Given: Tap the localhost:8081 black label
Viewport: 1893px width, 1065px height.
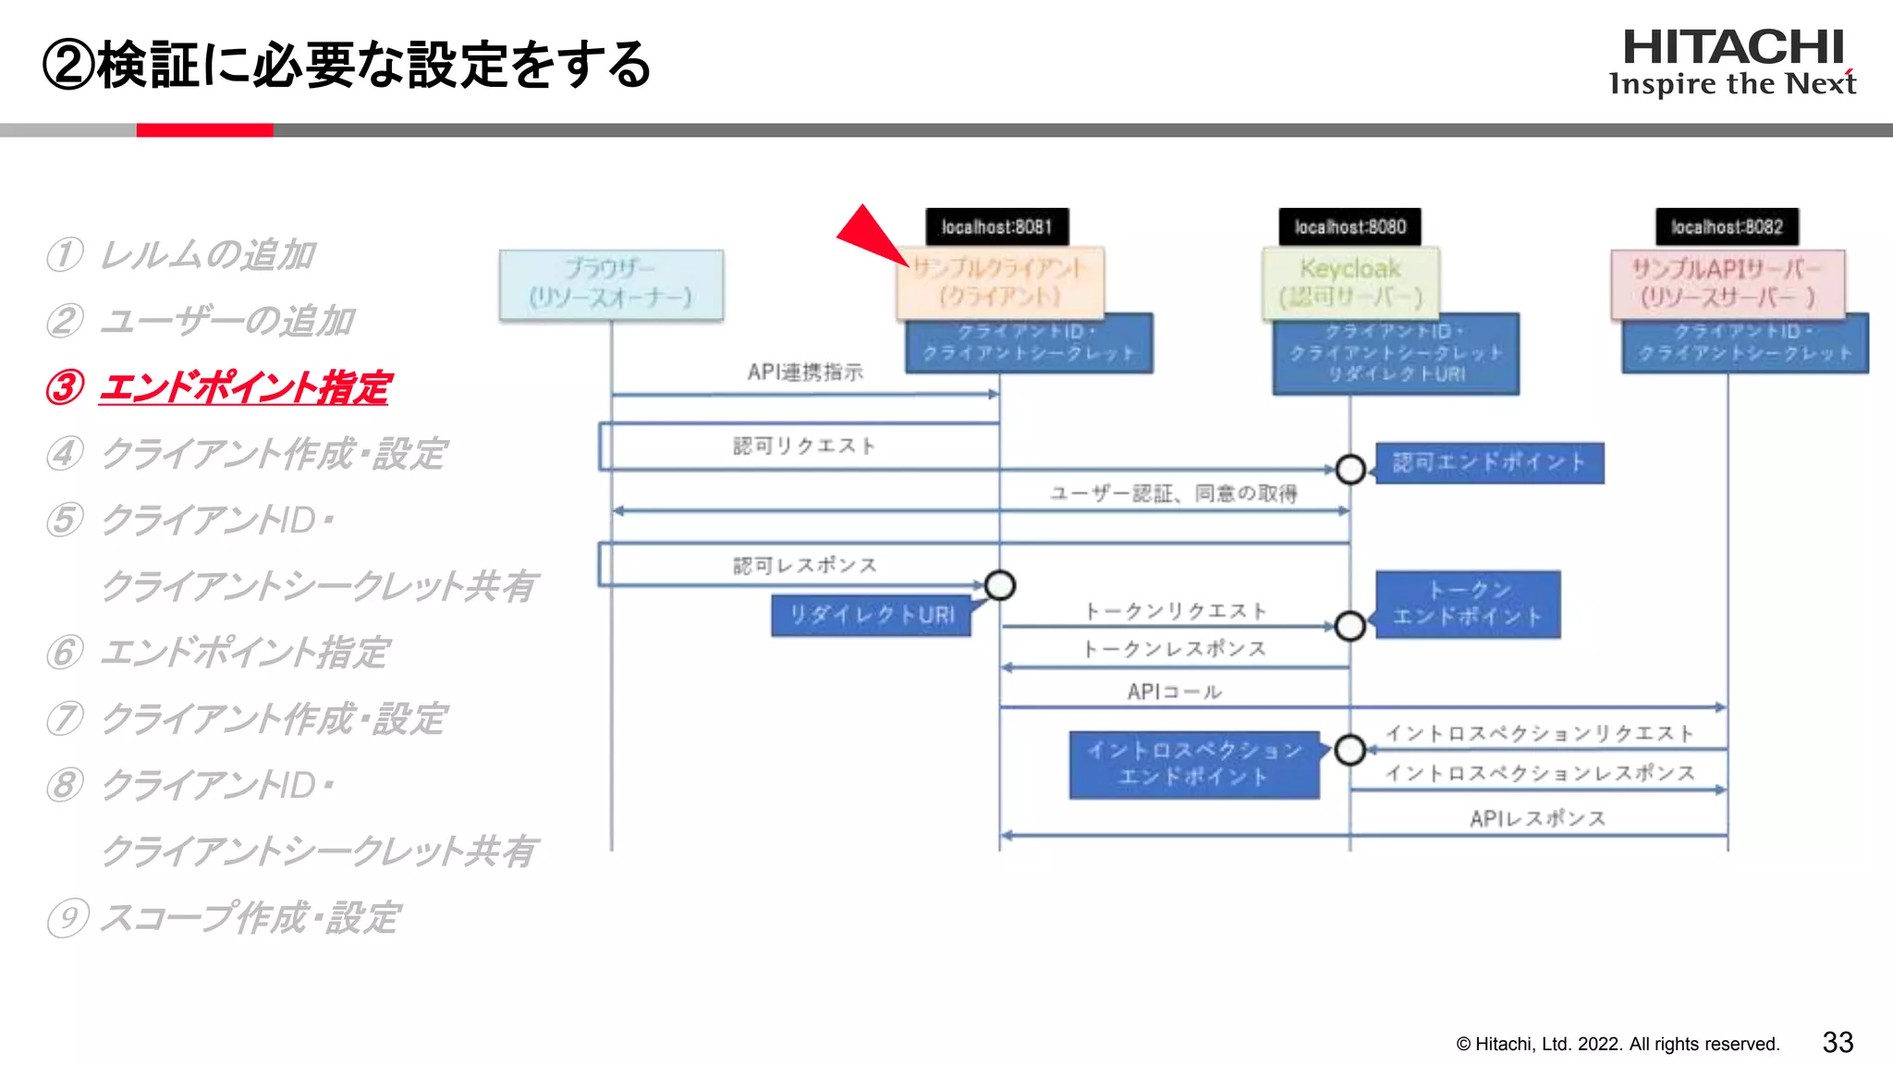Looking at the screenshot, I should coord(996,226).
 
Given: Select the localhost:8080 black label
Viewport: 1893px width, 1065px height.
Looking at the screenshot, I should coord(1350,226).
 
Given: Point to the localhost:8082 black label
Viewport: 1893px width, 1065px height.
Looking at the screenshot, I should coord(1727,226).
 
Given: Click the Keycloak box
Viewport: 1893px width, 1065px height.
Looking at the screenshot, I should coord(1350,283).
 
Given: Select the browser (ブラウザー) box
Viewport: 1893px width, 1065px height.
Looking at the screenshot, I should coord(611,284).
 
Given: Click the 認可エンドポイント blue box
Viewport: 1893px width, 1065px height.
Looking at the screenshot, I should coord(1489,462).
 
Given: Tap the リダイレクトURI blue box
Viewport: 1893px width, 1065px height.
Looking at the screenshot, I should coord(871,616).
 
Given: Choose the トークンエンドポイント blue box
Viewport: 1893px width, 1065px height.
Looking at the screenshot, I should coord(1468,604).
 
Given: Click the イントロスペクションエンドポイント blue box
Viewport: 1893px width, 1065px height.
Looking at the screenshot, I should coord(1194,764).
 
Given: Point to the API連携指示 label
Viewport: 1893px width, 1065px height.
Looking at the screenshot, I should coord(805,372).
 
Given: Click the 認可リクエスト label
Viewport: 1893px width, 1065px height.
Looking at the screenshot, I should coord(804,446).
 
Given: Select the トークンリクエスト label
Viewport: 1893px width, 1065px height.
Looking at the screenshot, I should coord(1175,611).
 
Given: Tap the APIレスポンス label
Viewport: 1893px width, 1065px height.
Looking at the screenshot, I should coord(1537,818).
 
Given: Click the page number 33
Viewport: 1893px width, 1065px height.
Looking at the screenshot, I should coord(1838,1043).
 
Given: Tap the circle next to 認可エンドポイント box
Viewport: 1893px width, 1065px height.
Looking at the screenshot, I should coord(1350,470).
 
